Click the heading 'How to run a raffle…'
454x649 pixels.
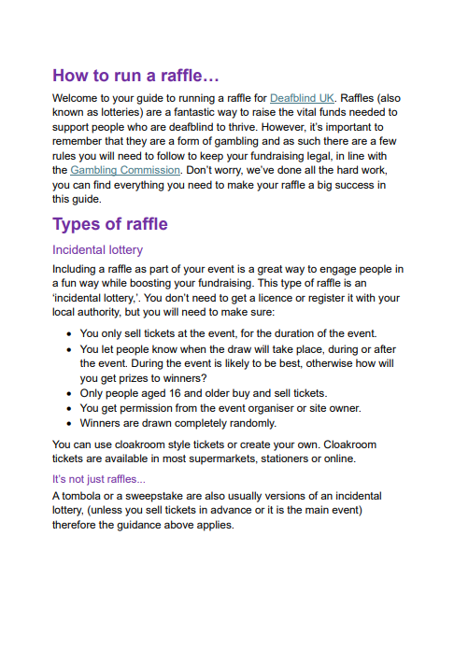[x=135, y=76]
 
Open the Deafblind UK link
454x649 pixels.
[x=302, y=97]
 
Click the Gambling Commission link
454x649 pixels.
[x=125, y=170]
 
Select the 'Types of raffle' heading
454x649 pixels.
[x=110, y=224]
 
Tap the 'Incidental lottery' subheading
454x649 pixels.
[x=97, y=250]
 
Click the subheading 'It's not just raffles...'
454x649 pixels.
[x=99, y=479]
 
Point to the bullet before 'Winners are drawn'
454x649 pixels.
[x=71, y=423]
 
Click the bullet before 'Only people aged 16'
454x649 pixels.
[x=71, y=393]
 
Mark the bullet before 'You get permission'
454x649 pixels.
[x=71, y=408]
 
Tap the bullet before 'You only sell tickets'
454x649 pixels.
[x=71, y=333]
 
